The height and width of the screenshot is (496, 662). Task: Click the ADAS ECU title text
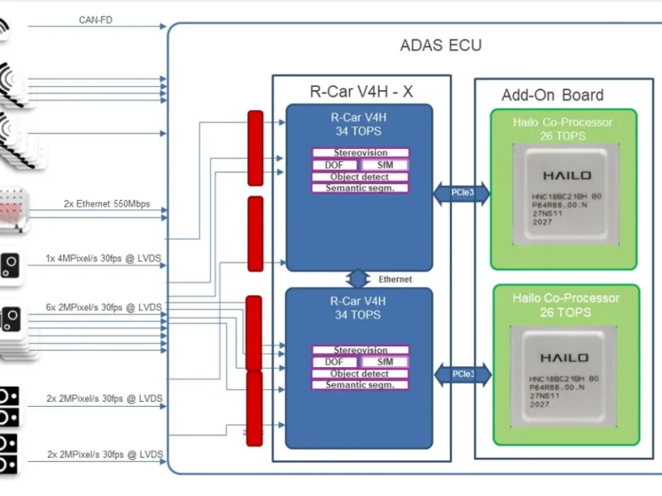(440, 45)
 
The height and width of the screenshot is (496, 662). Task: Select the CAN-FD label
(96, 20)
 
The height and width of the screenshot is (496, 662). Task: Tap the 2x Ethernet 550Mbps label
(107, 203)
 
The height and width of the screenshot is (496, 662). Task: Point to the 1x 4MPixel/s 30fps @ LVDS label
(103, 259)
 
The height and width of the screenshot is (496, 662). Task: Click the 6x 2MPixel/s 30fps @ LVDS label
(103, 308)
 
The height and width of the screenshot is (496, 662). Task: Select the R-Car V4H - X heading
(361, 92)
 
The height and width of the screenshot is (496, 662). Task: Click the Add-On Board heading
(552, 95)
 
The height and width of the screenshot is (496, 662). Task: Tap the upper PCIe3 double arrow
(462, 193)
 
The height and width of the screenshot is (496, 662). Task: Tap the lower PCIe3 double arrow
(462, 374)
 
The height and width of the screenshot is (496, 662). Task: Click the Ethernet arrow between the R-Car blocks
(358, 279)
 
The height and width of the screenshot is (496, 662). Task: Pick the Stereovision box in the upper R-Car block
(360, 153)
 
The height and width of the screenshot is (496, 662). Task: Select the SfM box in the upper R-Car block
(385, 165)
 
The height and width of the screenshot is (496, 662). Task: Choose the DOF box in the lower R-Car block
(334, 362)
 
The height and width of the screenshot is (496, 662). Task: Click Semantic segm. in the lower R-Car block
(360, 385)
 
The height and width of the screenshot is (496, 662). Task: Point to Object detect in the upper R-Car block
(360, 176)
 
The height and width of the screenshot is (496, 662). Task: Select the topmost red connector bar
(255, 136)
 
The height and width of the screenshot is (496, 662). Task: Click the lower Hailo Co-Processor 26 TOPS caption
(565, 305)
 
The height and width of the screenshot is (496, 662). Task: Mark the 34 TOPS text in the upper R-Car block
(358, 130)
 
